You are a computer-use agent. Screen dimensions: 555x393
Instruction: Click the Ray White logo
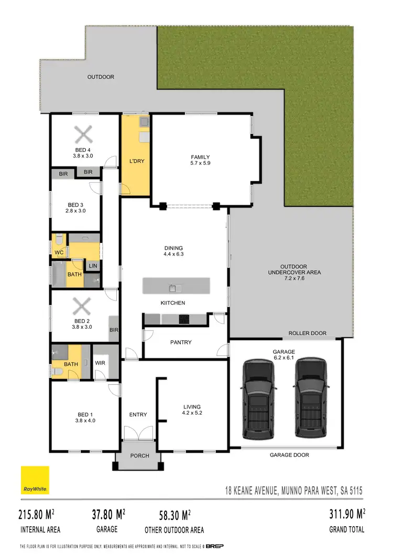click(x=35, y=480)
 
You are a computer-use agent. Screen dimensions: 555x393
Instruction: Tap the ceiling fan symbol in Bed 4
click(x=83, y=135)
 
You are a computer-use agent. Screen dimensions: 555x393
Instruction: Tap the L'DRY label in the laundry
click(x=136, y=161)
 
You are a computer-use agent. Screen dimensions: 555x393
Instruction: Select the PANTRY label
click(x=181, y=342)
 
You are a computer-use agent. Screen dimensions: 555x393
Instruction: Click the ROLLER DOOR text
click(x=307, y=333)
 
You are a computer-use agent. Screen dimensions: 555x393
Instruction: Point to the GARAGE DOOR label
click(x=289, y=455)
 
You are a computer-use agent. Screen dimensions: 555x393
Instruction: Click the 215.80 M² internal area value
click(x=39, y=514)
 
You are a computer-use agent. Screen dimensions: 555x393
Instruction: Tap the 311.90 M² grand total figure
click(x=346, y=514)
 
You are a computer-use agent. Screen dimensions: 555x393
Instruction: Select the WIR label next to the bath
click(x=101, y=362)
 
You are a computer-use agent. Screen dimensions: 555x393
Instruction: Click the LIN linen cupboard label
click(x=93, y=266)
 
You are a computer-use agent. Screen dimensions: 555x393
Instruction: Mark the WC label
click(x=59, y=252)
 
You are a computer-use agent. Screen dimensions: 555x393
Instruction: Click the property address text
click(x=291, y=491)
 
